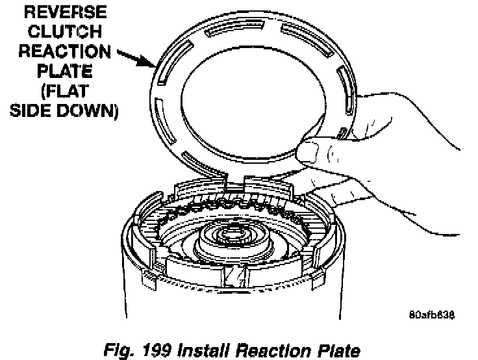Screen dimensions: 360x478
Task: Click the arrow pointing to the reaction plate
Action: (x=132, y=60)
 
